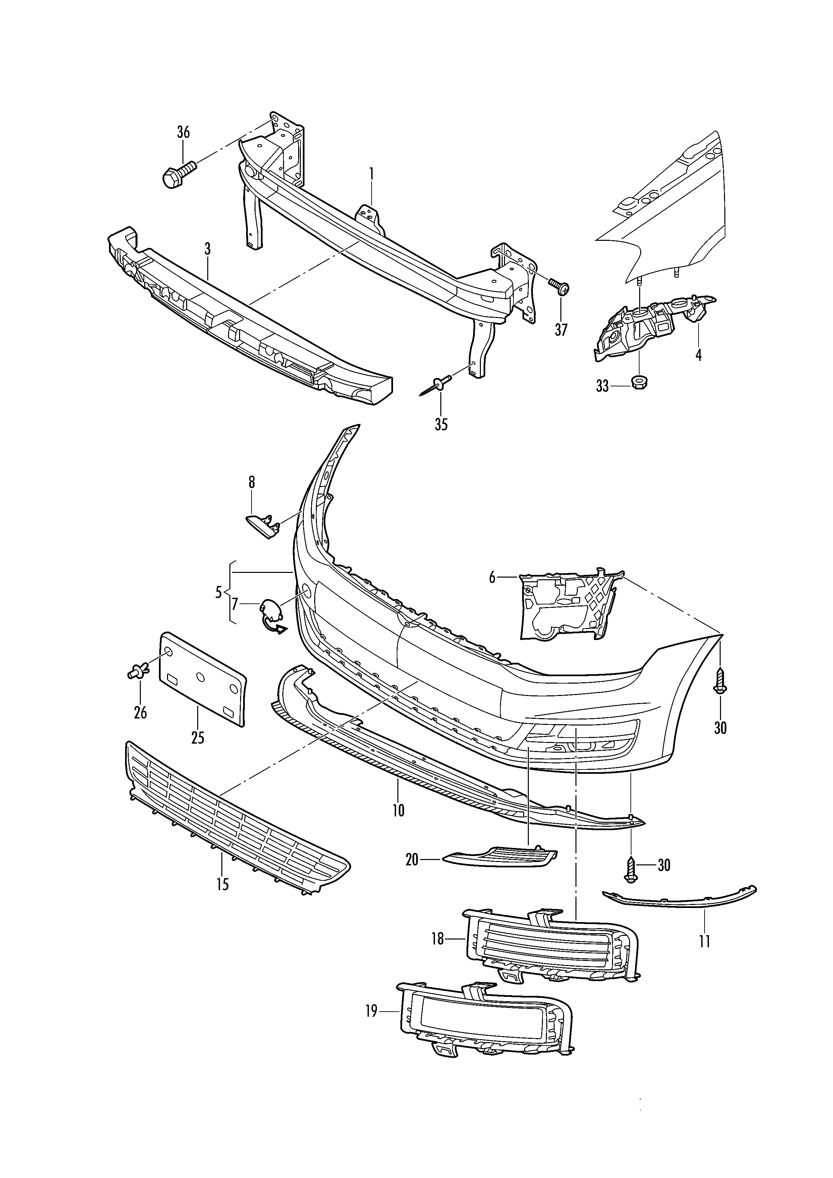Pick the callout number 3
207,249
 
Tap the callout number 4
698,355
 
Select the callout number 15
223,885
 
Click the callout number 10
398,811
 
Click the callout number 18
438,939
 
